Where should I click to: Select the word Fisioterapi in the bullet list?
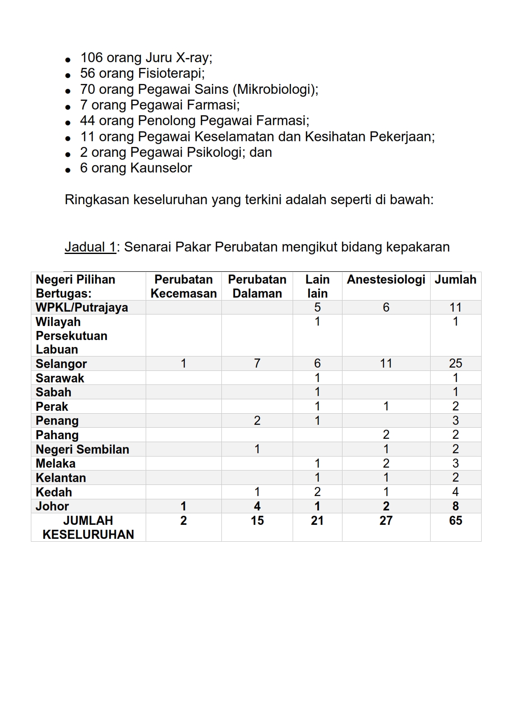(171, 73)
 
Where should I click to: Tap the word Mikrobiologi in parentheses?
(275, 89)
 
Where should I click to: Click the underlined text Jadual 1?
(91, 247)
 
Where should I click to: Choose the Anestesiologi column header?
(386, 279)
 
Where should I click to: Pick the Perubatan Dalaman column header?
(257, 286)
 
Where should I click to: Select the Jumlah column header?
(455, 279)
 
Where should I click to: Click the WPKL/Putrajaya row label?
(82, 307)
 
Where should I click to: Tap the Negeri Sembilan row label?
(82, 449)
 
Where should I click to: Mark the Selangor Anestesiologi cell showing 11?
(386, 363)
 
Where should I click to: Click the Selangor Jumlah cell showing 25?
(455, 363)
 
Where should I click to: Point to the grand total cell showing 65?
(455, 521)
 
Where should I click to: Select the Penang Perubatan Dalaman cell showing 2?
(257, 420)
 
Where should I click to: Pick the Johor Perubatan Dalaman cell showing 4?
(257, 506)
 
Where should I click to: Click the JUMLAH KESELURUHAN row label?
(88, 527)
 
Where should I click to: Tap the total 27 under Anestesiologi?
(386, 521)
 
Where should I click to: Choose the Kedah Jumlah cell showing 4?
(455, 492)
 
